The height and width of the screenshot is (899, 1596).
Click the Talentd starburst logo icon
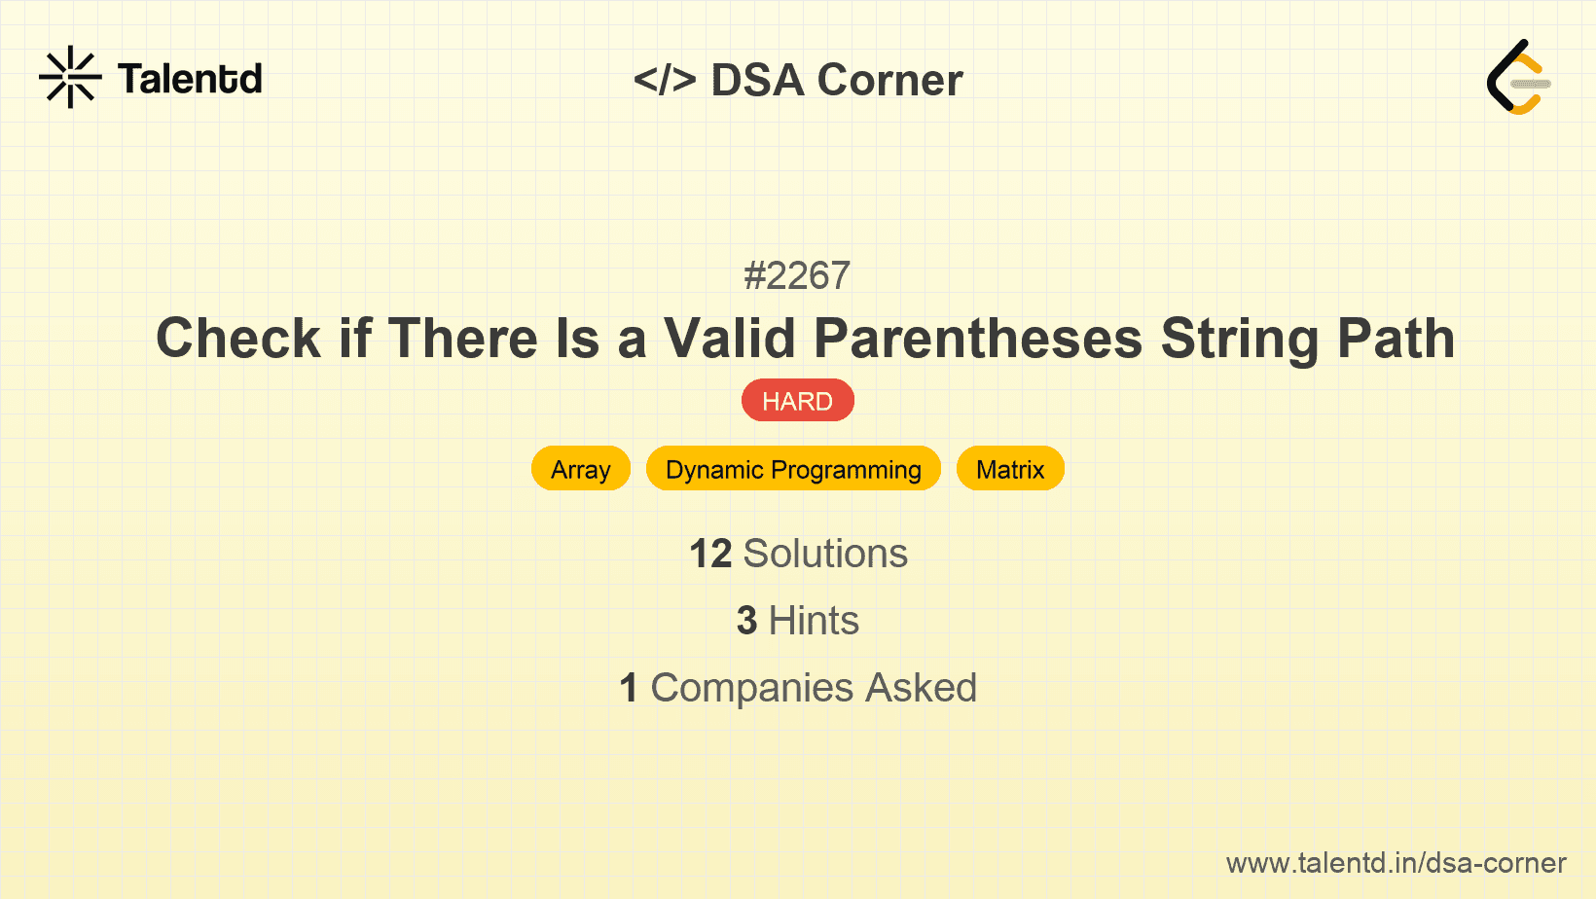pos(70,77)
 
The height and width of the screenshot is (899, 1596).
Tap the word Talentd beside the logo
pos(190,79)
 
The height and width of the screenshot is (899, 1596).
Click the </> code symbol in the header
pos(665,79)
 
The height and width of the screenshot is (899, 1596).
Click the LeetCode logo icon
pos(1518,77)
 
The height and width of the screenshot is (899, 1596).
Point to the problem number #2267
pos(797,276)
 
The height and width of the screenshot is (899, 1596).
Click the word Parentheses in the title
pos(978,339)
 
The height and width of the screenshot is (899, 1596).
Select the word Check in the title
pos(238,339)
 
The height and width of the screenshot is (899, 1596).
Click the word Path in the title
pos(1396,339)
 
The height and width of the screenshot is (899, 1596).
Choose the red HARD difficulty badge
pos(797,401)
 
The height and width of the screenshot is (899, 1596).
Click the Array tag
pos(581,469)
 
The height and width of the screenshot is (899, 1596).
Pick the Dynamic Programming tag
pos(793,469)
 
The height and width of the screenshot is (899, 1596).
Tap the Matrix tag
pos(1010,469)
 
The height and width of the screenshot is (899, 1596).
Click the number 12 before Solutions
pos(710,554)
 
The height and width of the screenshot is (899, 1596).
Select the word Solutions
pos(825,554)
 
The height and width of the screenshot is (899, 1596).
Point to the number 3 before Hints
pos(746,621)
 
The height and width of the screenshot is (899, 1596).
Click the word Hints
pos(814,621)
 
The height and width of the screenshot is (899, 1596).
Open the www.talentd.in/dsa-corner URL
pos(1396,863)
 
